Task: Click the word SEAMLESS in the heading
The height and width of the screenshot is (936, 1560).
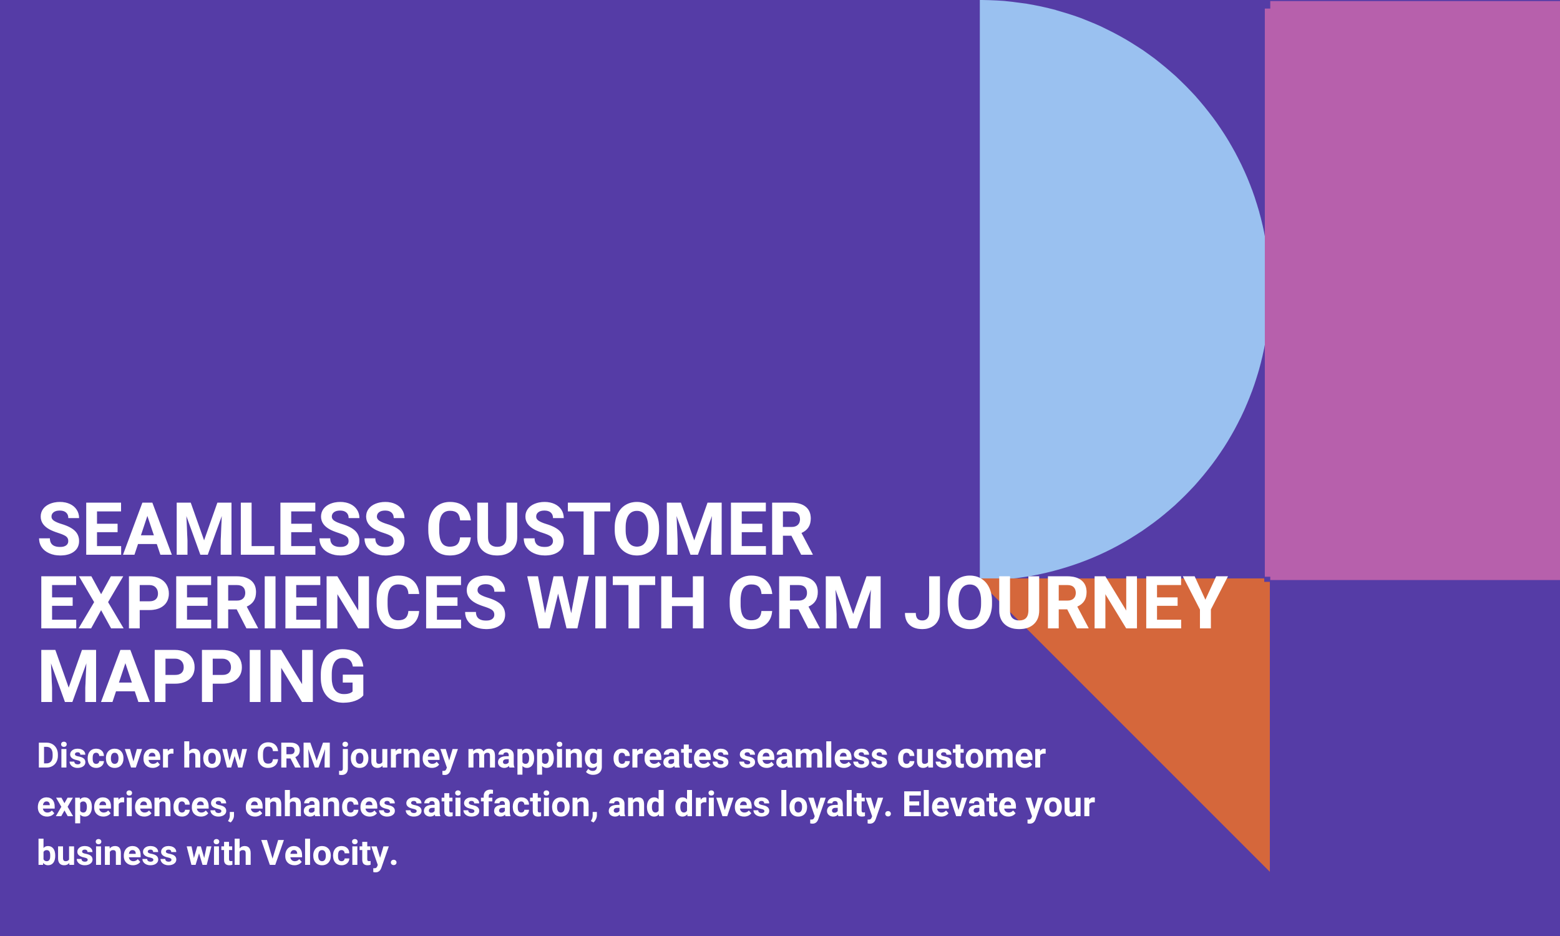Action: point(222,530)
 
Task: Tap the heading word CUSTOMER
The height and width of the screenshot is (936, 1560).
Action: point(620,530)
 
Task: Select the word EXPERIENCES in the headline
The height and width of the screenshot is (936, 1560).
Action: point(272,603)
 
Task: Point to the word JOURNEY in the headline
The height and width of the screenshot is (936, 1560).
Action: point(1066,603)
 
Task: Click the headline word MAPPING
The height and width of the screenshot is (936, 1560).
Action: point(202,676)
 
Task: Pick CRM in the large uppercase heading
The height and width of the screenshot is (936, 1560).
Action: point(805,603)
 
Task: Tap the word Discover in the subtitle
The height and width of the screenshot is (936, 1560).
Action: point(105,756)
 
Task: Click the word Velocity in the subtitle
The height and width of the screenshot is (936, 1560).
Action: point(329,854)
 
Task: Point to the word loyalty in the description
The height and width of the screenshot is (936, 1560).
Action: point(836,806)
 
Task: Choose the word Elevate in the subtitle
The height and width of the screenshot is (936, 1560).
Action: point(959,805)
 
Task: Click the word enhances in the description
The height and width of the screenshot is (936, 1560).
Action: point(319,805)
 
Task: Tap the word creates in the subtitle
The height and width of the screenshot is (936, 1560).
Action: point(671,757)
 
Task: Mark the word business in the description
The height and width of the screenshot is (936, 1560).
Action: point(107,854)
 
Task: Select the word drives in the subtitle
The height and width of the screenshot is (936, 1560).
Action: point(722,805)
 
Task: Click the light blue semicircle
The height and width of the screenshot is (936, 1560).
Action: point(1109,290)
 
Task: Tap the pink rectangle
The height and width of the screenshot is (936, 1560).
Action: point(1413,290)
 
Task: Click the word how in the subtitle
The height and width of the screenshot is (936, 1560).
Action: point(215,756)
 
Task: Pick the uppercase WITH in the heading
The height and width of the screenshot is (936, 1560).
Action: point(617,603)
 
